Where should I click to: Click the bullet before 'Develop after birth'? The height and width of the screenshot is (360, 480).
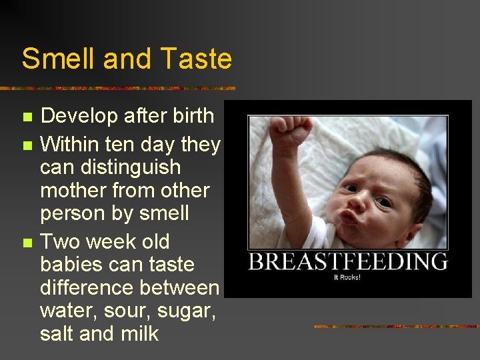click(27, 117)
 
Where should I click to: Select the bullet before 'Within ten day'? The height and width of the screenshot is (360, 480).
click(27, 145)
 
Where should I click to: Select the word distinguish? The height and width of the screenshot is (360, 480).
click(110, 167)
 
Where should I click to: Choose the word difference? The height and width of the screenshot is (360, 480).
click(87, 288)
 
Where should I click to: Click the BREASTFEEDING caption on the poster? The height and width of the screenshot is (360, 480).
click(347, 261)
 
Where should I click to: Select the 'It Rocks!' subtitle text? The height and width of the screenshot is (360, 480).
click(347, 277)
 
